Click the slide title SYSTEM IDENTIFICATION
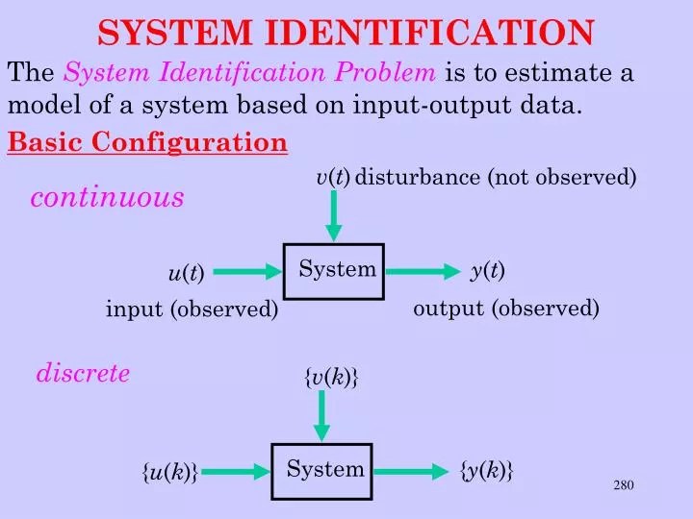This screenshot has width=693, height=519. [346, 33]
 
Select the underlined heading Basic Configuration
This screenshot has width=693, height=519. [147, 143]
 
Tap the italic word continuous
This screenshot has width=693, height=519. [107, 198]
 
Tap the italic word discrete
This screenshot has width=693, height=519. [83, 374]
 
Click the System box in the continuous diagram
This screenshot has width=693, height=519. [334, 271]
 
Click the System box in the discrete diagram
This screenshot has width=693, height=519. [321, 471]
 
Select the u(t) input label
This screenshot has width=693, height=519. [186, 274]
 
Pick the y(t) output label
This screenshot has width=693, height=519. [487, 271]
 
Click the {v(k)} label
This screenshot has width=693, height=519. [331, 379]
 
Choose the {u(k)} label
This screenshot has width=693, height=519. [170, 472]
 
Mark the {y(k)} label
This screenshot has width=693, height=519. [486, 470]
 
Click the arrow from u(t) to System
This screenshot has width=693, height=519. [244, 273]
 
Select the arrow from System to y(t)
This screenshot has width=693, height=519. [423, 272]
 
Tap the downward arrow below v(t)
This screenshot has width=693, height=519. [334, 215]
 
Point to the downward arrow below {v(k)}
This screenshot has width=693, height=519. [322, 415]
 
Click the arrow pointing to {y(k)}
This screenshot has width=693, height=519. [413, 471]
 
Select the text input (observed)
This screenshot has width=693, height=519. [192, 309]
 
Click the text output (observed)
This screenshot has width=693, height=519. [506, 309]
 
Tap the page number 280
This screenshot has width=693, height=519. [624, 484]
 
